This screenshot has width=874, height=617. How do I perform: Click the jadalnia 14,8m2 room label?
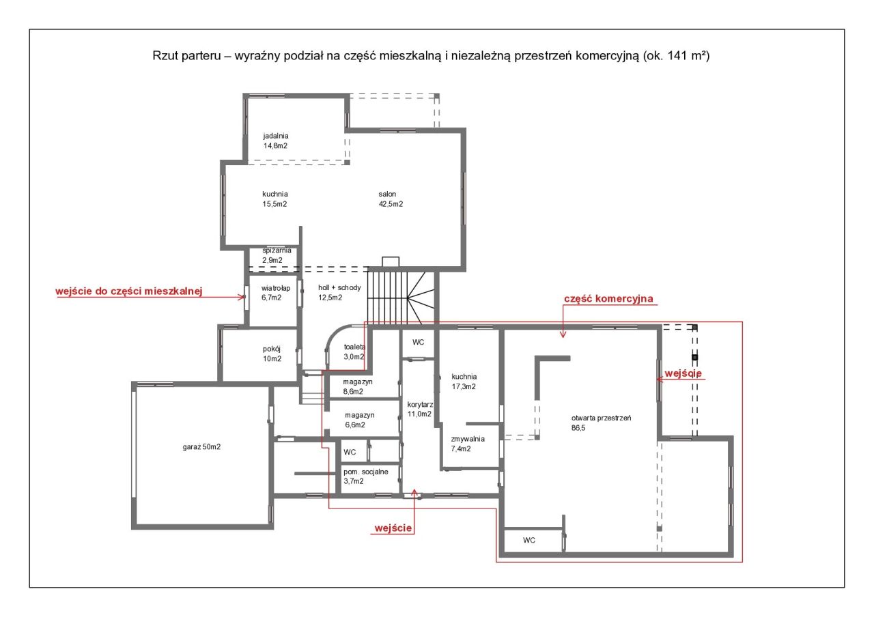pos(276,141)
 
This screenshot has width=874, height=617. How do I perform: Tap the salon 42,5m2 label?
pos(391,199)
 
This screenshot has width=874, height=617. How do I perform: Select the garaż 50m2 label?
pos(201,447)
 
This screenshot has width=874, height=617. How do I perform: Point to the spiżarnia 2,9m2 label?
pos(277,255)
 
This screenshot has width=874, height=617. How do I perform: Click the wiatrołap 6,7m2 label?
pos(275,293)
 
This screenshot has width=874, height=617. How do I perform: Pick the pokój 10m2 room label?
pos(272,354)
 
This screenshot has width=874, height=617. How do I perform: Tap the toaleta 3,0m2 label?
pos(354,351)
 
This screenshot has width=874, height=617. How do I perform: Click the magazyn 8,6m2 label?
pos(358,386)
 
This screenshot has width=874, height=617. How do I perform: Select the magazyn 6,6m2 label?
pos(359,420)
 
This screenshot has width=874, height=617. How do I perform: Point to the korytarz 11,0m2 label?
pos(420,409)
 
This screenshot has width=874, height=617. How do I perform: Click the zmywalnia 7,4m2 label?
pos(468,444)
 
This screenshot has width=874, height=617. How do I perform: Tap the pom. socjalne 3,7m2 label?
pos(365,476)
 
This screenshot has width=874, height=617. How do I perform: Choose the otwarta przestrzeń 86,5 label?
pos(601,422)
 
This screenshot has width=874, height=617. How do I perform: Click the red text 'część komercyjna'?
pos(608,299)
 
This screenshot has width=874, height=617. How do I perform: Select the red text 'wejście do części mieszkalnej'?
pos(129,291)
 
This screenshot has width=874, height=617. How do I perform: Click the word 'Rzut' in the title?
pos(163,56)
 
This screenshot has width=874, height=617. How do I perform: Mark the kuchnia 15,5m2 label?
pos(275,199)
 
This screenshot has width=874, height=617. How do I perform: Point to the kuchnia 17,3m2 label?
pos(464,382)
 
